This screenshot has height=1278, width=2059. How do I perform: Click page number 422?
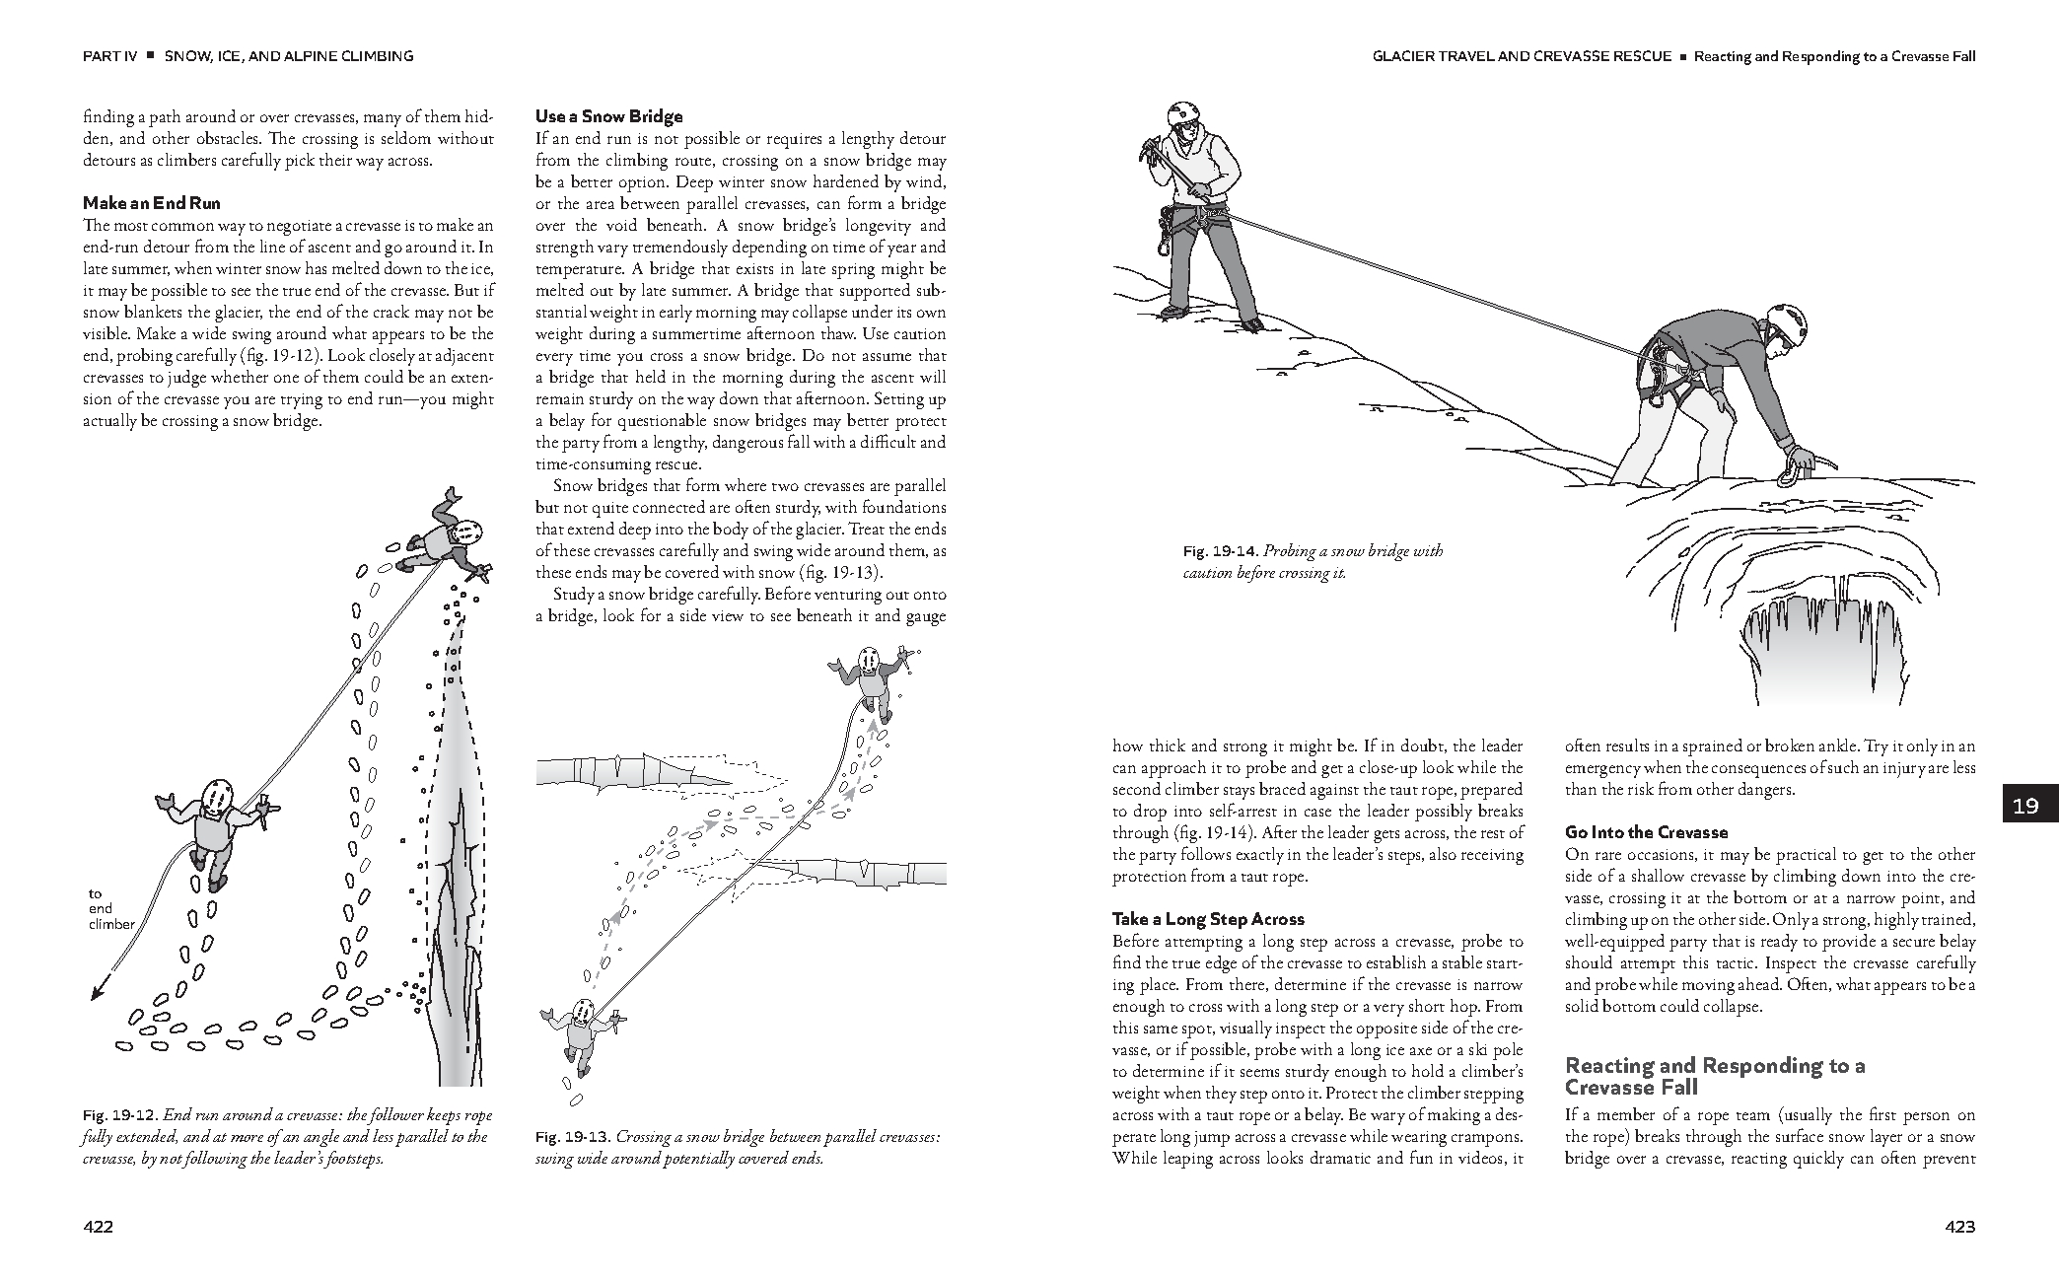(x=99, y=1227)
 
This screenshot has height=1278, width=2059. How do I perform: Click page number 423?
(x=1959, y=1227)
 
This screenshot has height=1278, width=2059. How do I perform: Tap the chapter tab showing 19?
(x=2024, y=806)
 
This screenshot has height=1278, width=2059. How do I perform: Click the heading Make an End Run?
(x=151, y=204)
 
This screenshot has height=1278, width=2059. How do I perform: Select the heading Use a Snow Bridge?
(x=608, y=116)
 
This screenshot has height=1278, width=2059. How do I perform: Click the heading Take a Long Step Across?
(x=1208, y=919)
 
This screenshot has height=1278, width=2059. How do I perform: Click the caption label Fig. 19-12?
(x=119, y=1115)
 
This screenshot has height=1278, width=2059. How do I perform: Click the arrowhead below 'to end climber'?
(x=96, y=994)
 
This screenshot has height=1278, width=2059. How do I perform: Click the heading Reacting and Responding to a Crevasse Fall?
(x=1714, y=1076)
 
